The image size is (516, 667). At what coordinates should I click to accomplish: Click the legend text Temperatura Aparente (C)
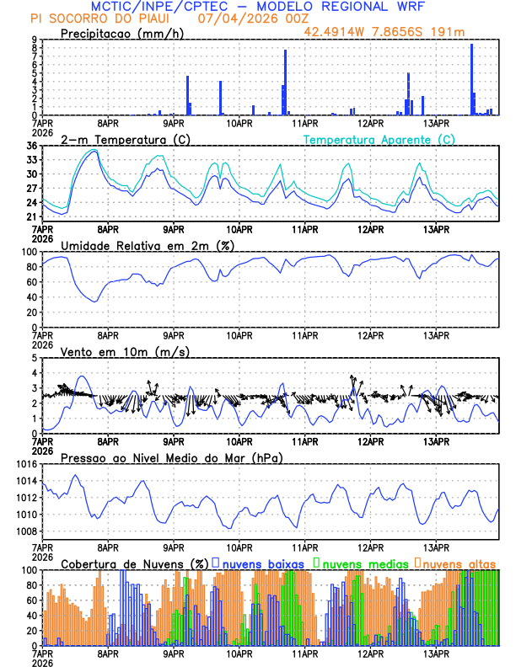point(379,139)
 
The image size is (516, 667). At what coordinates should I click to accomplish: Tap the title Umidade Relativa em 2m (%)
point(148,245)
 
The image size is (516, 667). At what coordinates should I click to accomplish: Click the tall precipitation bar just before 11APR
point(285,83)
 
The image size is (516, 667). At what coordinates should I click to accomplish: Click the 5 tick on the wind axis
point(35,358)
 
